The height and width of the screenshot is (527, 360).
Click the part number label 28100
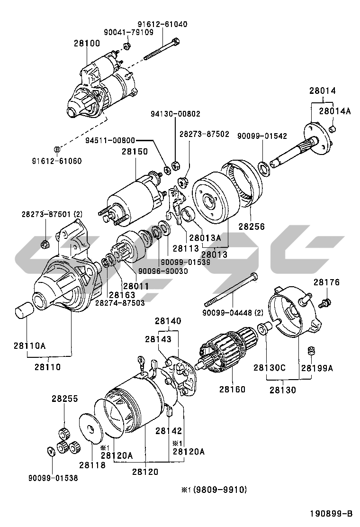[87, 43]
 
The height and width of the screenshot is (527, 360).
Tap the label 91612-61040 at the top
[162, 24]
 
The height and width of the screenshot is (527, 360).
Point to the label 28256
[252, 227]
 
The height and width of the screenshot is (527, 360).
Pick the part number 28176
[326, 282]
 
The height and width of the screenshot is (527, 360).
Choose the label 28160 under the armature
[232, 390]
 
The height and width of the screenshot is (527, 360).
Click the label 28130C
[269, 367]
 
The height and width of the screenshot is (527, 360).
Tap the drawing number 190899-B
[332, 514]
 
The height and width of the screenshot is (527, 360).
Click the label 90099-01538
[53, 478]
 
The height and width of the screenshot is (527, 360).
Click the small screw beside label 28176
[326, 301]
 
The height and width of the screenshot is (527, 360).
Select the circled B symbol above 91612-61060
[56, 149]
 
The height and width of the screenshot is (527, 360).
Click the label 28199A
[317, 367]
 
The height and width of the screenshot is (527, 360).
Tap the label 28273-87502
[204, 134]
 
